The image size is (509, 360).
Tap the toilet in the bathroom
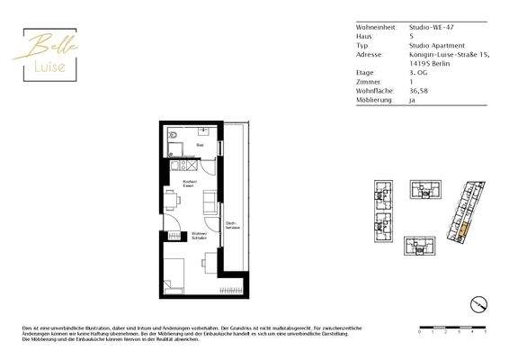pyautogui.click(x=173, y=139)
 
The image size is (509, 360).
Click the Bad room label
pyautogui.click(x=200, y=143)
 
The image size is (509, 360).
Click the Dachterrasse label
pyautogui.click(x=231, y=226)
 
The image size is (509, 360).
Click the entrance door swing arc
pyautogui.click(x=171, y=224)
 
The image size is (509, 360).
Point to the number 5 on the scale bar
pyautogui.click(x=486, y=332)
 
